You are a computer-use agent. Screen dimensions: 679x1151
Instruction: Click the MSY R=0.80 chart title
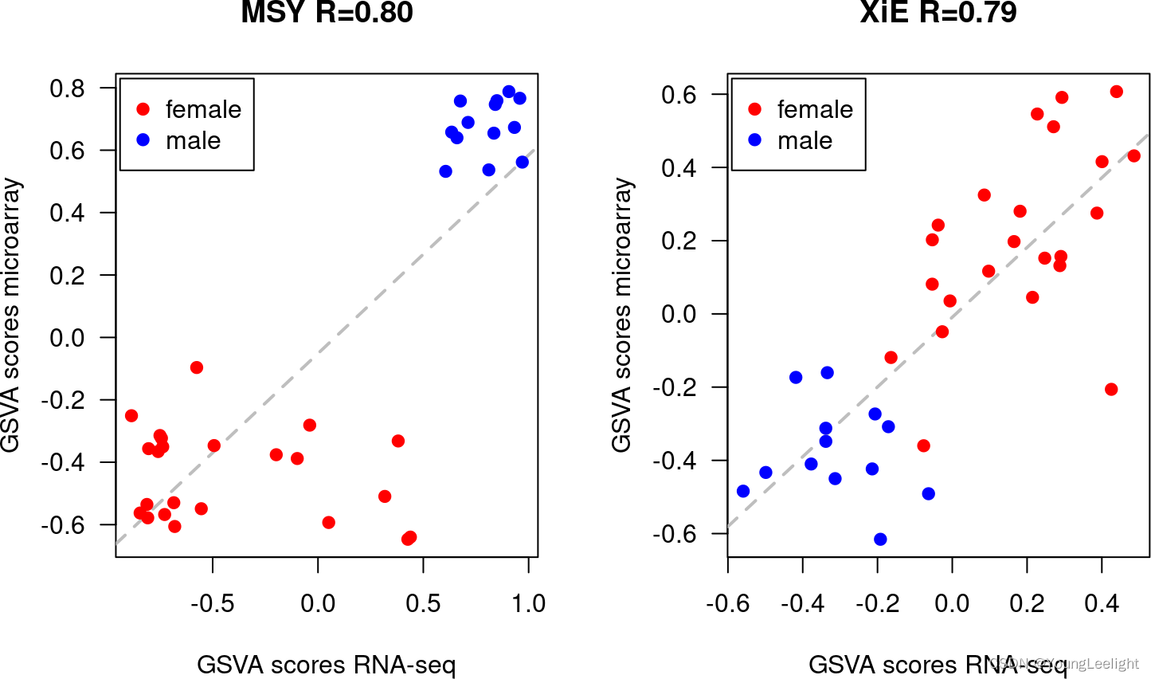tap(327, 13)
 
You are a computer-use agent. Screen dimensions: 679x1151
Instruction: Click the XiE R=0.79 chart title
tap(938, 13)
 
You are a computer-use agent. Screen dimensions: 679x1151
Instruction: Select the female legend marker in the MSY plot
tap(143, 109)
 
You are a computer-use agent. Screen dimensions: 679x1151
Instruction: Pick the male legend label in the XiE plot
tap(805, 141)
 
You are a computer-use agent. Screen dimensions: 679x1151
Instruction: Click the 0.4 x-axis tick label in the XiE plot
tap(1102, 603)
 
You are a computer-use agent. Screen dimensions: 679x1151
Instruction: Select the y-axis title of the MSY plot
tap(11, 316)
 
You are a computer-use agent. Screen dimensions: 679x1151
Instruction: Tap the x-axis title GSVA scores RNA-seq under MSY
tap(326, 664)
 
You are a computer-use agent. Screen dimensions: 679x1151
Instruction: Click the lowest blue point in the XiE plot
tap(880, 540)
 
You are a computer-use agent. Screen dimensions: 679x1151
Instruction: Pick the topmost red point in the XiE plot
tap(1116, 92)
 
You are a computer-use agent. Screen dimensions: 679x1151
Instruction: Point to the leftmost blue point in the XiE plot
tap(743, 491)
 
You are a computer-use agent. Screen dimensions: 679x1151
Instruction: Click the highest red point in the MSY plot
tap(197, 367)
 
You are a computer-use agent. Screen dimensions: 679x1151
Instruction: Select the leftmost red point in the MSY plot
tap(131, 416)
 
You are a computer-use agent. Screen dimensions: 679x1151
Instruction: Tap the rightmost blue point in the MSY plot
tap(523, 162)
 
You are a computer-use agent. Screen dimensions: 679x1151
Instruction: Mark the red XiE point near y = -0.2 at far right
tap(1111, 389)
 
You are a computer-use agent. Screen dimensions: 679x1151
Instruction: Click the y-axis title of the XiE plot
tap(622, 316)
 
